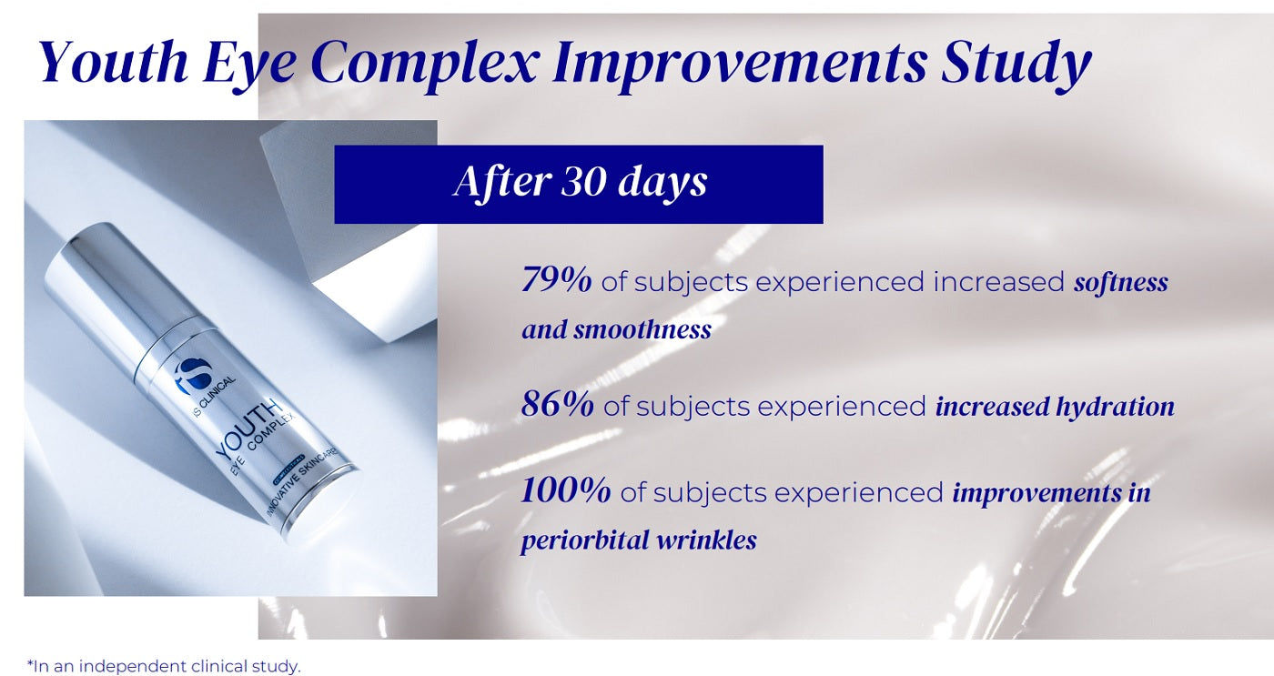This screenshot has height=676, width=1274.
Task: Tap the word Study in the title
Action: click(x=1016, y=65)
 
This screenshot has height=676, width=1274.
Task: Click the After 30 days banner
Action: click(x=579, y=184)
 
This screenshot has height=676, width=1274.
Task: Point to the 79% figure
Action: click(x=556, y=279)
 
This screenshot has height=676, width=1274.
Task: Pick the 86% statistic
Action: click(x=557, y=404)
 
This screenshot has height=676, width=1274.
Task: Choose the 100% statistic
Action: click(x=566, y=490)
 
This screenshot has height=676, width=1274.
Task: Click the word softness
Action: click(x=1120, y=282)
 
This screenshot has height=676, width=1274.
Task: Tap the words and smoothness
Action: click(x=617, y=329)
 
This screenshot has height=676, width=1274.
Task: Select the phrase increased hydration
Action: click(x=1055, y=407)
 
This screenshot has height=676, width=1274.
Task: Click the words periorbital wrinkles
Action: click(x=639, y=540)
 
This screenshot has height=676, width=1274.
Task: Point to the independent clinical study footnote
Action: click(x=164, y=666)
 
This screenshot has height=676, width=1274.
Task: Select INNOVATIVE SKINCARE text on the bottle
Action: click(x=302, y=482)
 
